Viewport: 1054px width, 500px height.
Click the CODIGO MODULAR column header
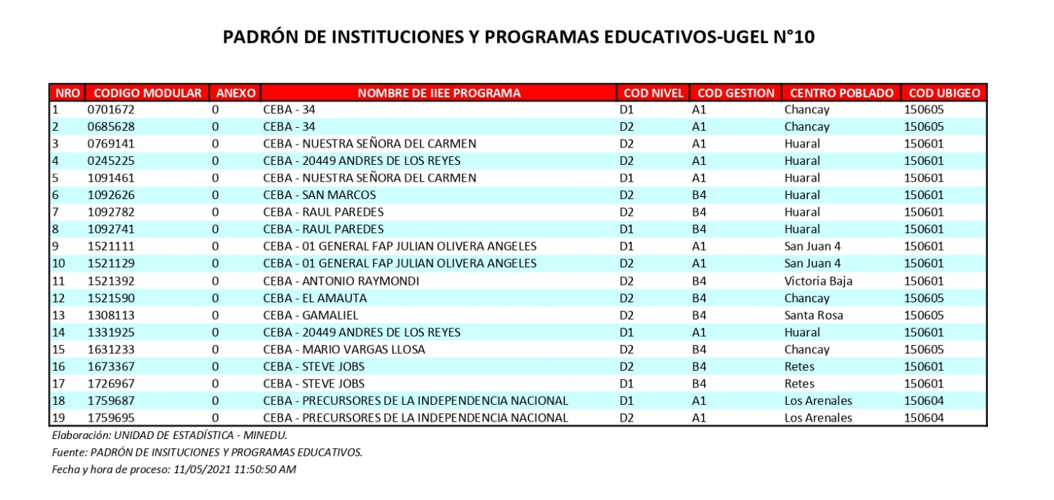(x=147, y=93)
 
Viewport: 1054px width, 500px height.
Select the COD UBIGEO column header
(x=944, y=93)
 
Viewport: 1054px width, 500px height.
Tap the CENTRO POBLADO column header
(x=841, y=93)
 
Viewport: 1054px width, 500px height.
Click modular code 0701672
(x=111, y=110)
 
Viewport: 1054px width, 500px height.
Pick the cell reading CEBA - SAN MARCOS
(x=319, y=195)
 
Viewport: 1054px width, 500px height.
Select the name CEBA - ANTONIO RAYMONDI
(x=341, y=281)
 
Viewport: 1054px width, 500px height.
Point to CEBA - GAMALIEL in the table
(x=311, y=315)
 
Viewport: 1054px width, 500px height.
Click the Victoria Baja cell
(x=818, y=281)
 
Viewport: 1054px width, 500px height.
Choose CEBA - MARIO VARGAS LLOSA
(x=344, y=350)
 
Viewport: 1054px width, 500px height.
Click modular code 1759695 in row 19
(x=111, y=418)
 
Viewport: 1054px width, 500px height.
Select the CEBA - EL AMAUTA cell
(x=315, y=298)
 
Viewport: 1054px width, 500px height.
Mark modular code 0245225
(x=111, y=161)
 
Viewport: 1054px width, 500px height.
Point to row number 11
(x=58, y=281)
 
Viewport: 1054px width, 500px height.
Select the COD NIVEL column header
(x=653, y=93)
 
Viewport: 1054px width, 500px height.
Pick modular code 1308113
(x=111, y=315)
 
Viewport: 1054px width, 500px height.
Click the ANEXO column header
(x=234, y=93)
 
